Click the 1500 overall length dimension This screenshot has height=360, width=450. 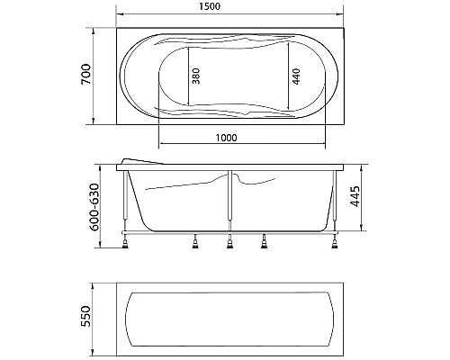coord(229,7)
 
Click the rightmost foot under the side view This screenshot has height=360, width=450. coord(336,238)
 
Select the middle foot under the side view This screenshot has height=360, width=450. coord(230,240)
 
